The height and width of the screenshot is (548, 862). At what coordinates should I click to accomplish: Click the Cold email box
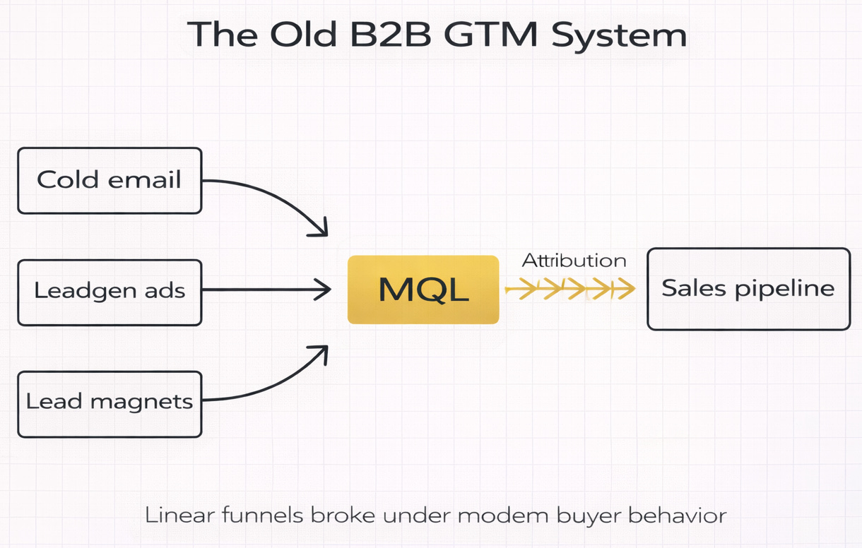(x=110, y=180)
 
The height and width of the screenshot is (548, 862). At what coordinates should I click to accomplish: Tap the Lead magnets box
(x=110, y=403)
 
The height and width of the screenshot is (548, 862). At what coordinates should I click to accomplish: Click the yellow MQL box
(x=423, y=290)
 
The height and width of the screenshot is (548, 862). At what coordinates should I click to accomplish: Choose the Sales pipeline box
(x=748, y=288)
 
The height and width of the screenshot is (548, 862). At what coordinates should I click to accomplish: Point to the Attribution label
(x=574, y=261)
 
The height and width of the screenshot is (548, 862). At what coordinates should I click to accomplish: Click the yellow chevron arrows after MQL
(x=569, y=288)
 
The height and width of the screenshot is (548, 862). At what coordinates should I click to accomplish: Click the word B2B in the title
(x=388, y=35)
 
